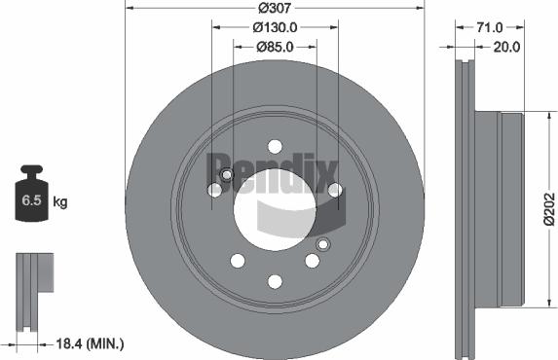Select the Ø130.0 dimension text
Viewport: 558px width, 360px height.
click(x=276, y=28)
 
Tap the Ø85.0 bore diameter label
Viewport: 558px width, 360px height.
click(x=276, y=46)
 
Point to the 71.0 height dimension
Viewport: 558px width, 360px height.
click(x=490, y=28)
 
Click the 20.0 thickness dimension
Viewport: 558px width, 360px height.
click(x=508, y=46)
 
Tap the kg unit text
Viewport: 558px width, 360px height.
click(x=59, y=202)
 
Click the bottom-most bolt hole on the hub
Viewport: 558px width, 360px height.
click(x=275, y=282)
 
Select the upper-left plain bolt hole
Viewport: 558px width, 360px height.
click(x=214, y=190)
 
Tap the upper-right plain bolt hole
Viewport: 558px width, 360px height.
click(x=334, y=190)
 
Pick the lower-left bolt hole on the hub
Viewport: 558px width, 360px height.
click(x=238, y=261)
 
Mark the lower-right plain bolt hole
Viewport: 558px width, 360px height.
click(x=312, y=261)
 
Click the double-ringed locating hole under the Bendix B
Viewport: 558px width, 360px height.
click(x=226, y=176)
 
